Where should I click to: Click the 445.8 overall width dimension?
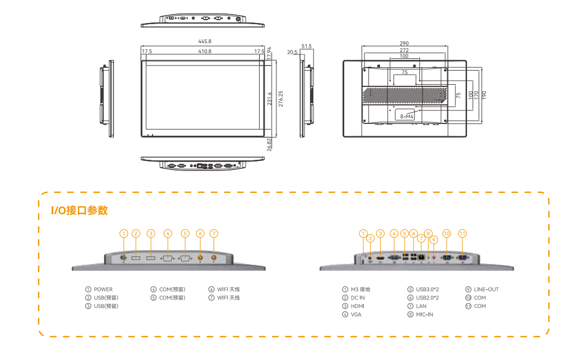tap(205, 41)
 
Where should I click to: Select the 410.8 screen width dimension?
tap(205, 51)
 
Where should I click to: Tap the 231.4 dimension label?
tap(270, 99)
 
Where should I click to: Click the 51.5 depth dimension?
tap(306, 46)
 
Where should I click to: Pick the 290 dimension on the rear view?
tap(404, 43)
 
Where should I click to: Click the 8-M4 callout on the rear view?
tap(406, 116)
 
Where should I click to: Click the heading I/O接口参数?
tap(79, 210)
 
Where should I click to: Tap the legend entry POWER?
tap(103, 289)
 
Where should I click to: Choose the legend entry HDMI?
tap(358, 306)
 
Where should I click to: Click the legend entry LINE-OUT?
tap(486, 289)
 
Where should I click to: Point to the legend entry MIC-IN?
tap(424, 315)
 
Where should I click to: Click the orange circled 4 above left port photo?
tap(168, 233)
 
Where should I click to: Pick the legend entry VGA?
tap(356, 315)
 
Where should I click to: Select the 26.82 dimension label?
tap(270, 145)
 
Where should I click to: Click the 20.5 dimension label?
tap(292, 52)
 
